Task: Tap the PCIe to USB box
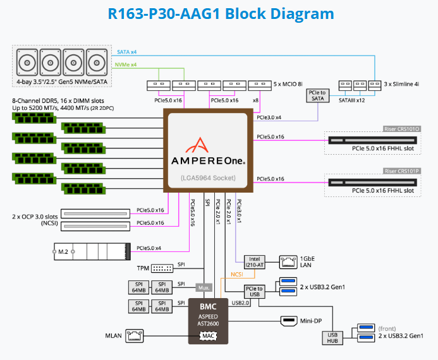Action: click(x=254, y=291)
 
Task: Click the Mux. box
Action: click(x=203, y=287)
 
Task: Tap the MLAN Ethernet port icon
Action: click(x=135, y=335)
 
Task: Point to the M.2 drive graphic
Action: click(x=92, y=251)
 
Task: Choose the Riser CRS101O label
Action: click(x=402, y=129)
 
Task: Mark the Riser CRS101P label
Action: click(x=402, y=171)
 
